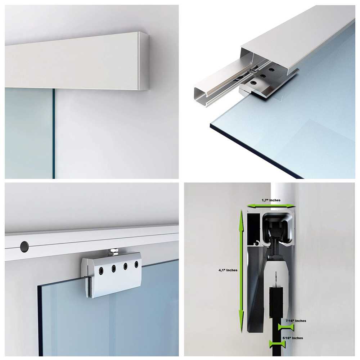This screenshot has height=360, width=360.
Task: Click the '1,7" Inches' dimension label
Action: click(x=271, y=200)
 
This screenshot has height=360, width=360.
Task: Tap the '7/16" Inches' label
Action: click(x=296, y=320)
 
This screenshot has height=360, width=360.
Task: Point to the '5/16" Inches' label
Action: click(x=293, y=338)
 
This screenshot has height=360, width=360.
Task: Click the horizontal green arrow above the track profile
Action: click(x=271, y=206)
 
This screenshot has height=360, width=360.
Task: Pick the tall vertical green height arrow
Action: click(x=241, y=266)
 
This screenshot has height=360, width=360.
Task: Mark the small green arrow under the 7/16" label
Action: click(x=286, y=327)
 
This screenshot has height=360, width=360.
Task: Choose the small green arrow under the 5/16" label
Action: click(x=277, y=344)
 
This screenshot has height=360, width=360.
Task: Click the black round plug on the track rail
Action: click(x=24, y=246)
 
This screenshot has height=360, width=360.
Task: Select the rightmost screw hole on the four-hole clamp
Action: click(x=136, y=265)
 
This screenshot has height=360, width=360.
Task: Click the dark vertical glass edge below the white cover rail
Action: click(x=54, y=133)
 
